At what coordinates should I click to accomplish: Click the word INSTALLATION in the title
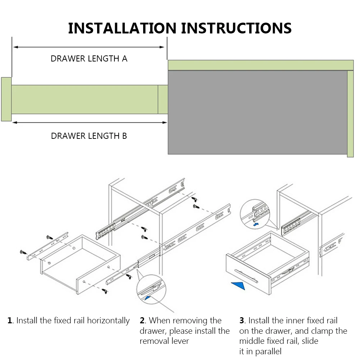coord(122,28)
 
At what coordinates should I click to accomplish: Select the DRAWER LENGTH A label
coord(89,59)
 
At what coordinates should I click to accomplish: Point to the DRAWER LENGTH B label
coord(89,136)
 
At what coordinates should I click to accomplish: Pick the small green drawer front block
coord(6,99)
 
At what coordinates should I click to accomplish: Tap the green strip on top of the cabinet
coord(261,65)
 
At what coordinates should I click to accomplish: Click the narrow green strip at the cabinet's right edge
coord(350,114)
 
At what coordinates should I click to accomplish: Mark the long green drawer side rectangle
coord(85,99)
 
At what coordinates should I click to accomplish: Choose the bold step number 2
coord(142,320)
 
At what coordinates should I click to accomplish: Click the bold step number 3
coord(242,320)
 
